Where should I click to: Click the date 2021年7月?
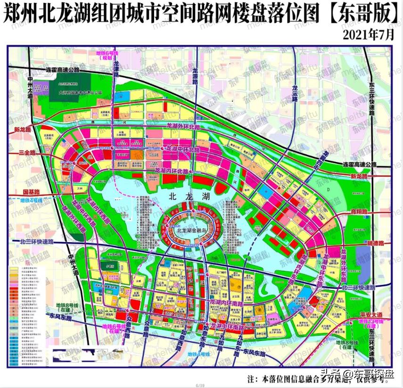tap(369, 35)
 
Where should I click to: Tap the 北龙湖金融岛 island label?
tap(192, 231)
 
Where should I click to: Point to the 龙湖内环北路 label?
tap(172, 171)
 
